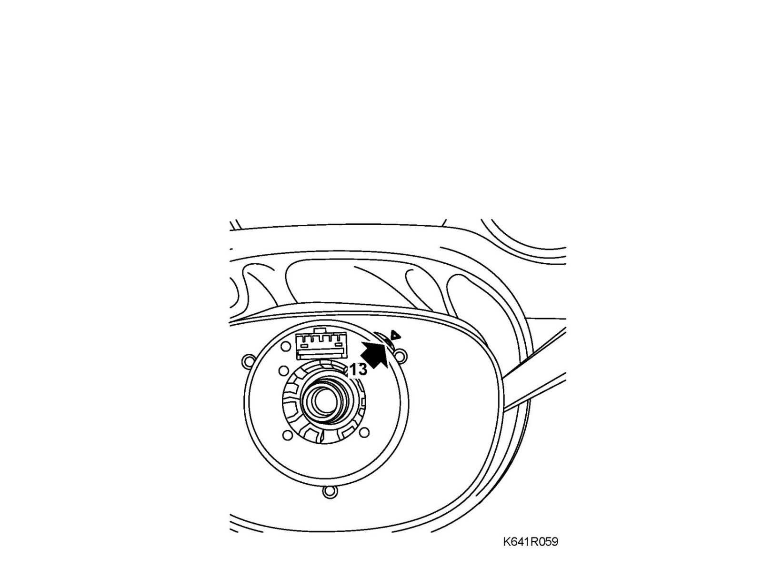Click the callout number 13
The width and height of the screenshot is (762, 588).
[x=359, y=370]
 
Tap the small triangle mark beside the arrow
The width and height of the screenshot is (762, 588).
[x=394, y=335]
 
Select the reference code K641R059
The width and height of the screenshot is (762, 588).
[x=530, y=542]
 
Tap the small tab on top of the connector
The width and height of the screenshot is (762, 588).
[x=322, y=330]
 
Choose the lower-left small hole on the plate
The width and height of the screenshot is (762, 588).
[x=287, y=435]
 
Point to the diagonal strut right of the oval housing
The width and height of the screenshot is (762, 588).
[x=533, y=390]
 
